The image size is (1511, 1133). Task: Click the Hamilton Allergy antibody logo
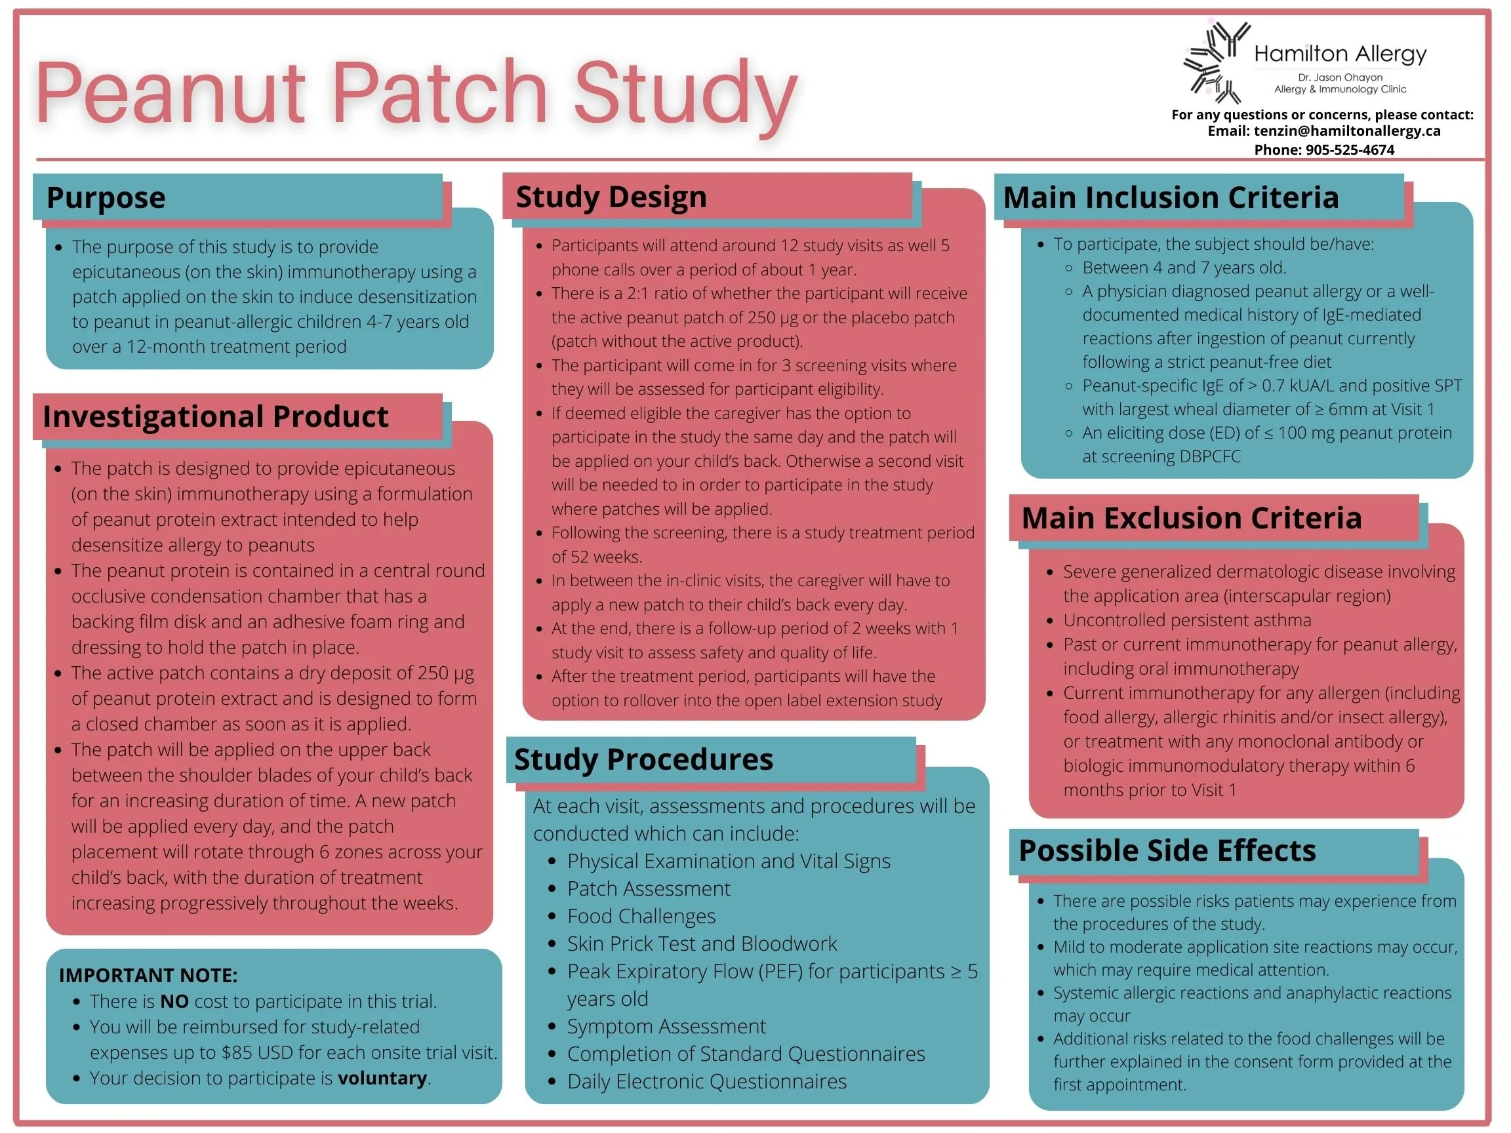1217,62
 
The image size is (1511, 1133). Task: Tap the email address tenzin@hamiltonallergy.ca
1347,131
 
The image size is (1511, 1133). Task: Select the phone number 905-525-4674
1350,149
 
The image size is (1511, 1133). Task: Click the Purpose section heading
106,197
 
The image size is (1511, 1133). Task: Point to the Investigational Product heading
215,416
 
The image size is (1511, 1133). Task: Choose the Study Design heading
611,197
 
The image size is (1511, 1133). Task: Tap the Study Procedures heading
643,759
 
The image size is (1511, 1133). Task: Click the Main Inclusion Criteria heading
1171,197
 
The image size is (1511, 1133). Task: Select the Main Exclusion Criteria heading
1192,518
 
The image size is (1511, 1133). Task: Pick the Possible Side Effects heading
1167,850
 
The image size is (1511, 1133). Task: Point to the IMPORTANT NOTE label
148,975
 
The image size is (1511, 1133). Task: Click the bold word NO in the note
174,1001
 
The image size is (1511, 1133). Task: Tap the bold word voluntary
382,1078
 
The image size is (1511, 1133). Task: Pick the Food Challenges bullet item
641,916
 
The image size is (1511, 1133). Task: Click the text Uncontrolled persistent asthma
1187,620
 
